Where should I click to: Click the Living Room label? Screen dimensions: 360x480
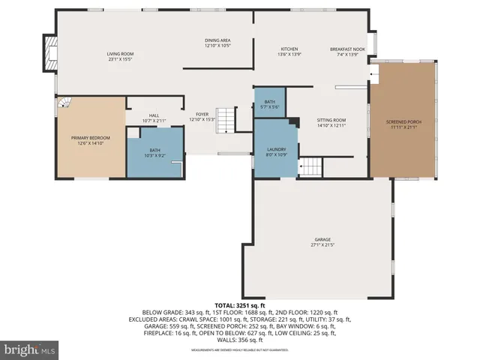tap(119, 54)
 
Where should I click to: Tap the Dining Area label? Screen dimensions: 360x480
tap(217, 40)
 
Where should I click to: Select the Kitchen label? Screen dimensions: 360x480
tap(289, 49)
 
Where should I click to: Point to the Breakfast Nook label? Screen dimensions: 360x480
tap(347, 49)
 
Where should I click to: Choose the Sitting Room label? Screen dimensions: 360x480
tap(331, 120)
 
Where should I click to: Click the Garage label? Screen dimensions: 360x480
tap(322, 239)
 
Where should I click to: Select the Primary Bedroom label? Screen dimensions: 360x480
tap(90, 138)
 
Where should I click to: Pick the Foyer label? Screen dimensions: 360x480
tap(202, 114)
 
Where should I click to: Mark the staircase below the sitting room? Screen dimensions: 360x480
tap(311, 167)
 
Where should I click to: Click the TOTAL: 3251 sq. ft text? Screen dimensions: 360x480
tap(239, 306)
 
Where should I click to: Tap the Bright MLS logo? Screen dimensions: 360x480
tap(30, 349)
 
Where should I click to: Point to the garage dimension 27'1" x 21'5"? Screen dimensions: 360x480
tap(322, 245)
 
